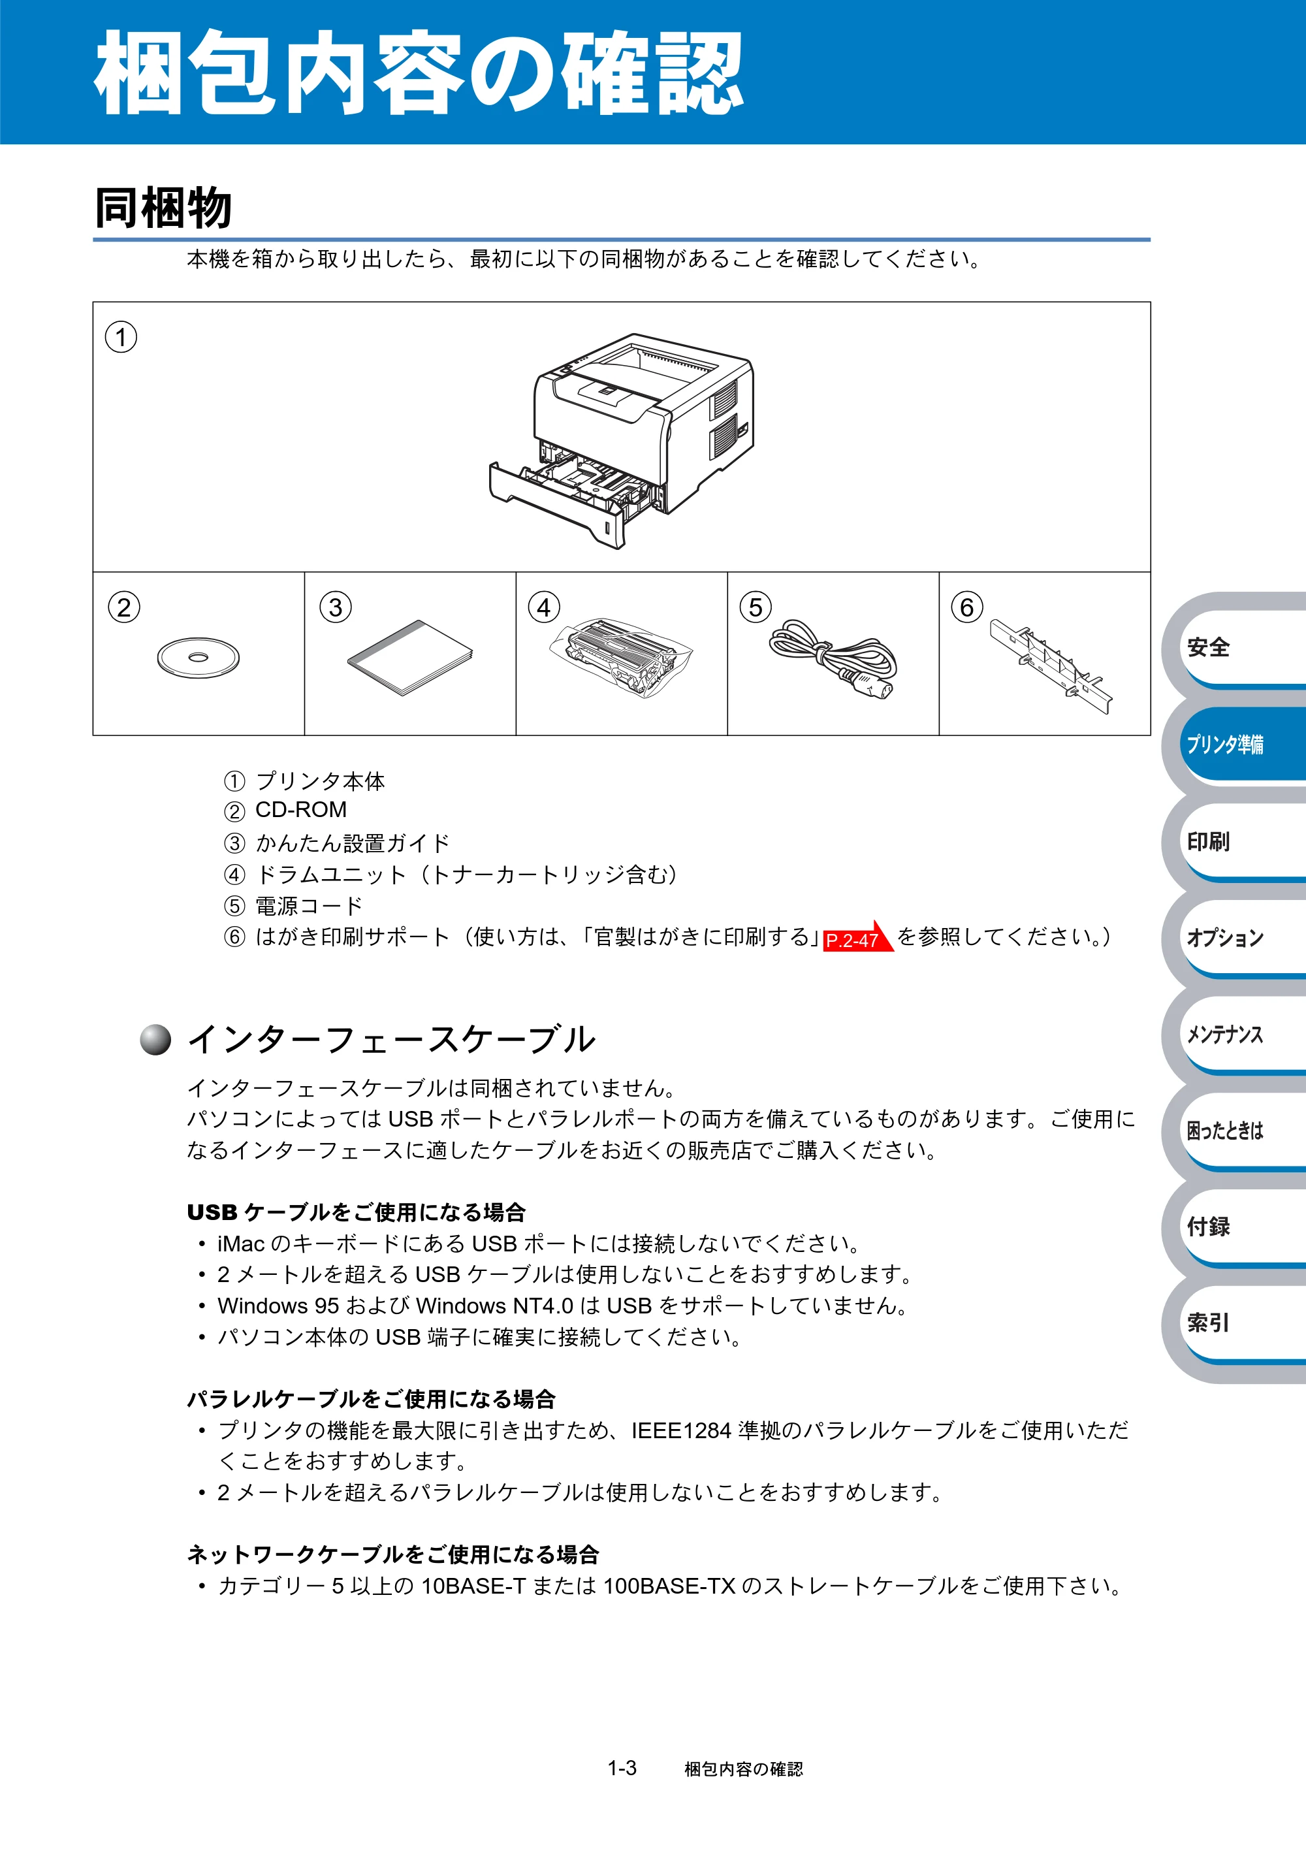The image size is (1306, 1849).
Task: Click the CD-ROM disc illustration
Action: click(198, 657)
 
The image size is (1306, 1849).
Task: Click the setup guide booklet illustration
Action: click(410, 658)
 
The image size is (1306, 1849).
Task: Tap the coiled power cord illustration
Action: click(833, 659)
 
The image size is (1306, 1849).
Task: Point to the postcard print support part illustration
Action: click(1051, 665)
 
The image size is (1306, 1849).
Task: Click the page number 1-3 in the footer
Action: click(622, 1769)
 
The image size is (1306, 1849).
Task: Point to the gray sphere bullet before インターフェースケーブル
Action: click(155, 1039)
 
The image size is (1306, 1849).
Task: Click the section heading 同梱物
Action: click(163, 208)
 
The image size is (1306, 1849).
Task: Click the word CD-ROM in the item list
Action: click(301, 809)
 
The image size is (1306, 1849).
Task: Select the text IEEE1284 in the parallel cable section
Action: click(681, 1431)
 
